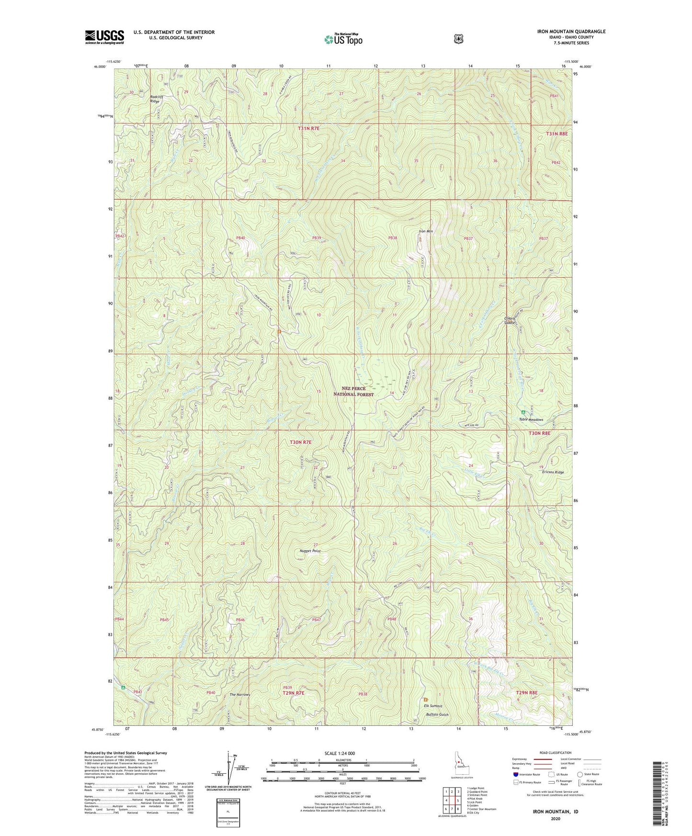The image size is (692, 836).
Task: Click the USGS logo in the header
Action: coord(104,37)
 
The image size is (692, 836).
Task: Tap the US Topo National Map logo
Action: coord(343,39)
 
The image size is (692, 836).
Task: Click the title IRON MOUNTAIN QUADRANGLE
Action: coord(564,32)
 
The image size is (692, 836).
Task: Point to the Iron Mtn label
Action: coord(426,232)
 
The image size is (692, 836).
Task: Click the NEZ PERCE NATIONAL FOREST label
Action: coord(354,391)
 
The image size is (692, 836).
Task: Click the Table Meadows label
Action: coord(531,419)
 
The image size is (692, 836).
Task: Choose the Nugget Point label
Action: coord(309,551)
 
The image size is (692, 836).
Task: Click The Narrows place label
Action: coord(240,694)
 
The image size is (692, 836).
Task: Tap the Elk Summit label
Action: coord(432,706)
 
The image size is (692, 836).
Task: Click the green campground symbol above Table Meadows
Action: coord(523,412)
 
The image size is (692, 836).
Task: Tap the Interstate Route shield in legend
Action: coord(515,774)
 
